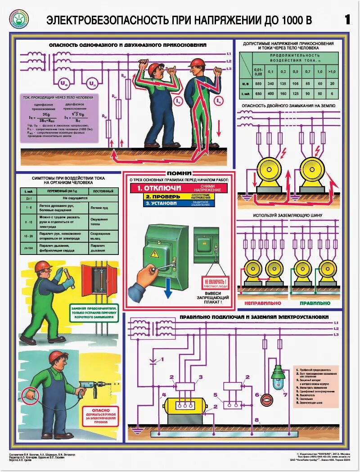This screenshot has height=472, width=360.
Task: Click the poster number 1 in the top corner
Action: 347,19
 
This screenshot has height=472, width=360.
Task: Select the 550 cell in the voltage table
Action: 258,83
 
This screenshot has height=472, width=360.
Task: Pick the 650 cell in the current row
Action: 258,94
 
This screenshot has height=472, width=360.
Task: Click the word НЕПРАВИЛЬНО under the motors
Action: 263,303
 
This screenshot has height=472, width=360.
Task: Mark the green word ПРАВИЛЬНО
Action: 315,303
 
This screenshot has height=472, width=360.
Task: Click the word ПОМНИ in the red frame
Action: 179,173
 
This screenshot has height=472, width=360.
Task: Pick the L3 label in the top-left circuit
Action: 229,68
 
